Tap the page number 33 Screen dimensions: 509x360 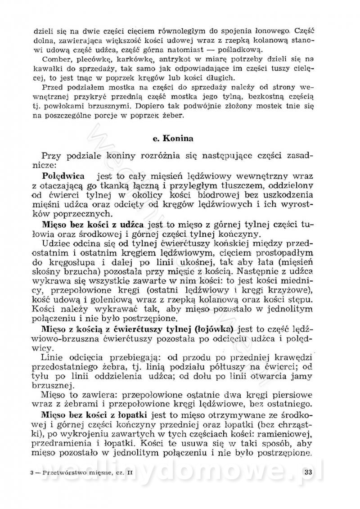[x=309, y=472]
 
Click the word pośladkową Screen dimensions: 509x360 [x=238, y=50]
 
